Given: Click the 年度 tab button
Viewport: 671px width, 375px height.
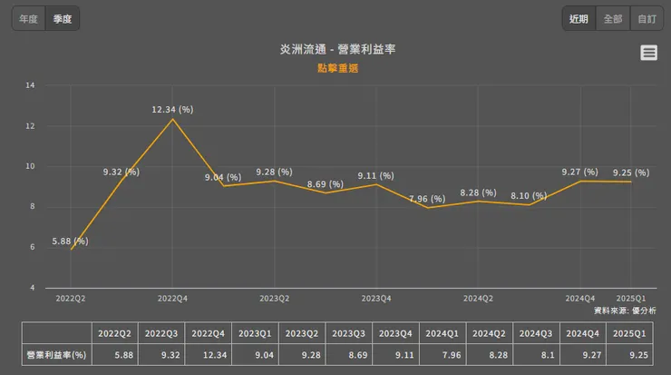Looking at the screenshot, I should point(28,18).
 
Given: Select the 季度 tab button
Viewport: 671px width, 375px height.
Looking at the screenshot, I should point(63,18).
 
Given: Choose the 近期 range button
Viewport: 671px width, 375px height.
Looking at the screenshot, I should point(579,18).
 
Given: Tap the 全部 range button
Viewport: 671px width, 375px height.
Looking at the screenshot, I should point(613,18).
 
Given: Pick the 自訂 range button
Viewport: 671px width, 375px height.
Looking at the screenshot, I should point(647,18).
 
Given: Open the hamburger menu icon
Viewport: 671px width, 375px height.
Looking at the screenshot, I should point(648,53).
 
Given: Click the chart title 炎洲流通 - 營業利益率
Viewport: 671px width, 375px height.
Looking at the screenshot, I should point(336,49).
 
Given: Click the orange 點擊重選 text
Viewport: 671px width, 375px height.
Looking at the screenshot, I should point(336,68).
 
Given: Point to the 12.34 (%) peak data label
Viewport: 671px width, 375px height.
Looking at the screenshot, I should point(172,109).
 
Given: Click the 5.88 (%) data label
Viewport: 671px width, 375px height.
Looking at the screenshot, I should point(68,241).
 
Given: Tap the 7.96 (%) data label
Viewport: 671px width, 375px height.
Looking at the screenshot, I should point(426,198).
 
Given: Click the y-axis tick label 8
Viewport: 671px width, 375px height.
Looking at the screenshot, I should point(32,206).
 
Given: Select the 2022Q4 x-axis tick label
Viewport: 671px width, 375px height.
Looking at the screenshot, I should point(172,298).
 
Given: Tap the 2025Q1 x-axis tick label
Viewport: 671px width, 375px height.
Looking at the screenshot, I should point(630,298).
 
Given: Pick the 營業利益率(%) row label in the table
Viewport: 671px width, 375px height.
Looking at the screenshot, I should point(56,355).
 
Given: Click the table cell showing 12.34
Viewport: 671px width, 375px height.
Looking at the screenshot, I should point(209,355).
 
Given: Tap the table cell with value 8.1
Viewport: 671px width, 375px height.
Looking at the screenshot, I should point(535,355).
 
